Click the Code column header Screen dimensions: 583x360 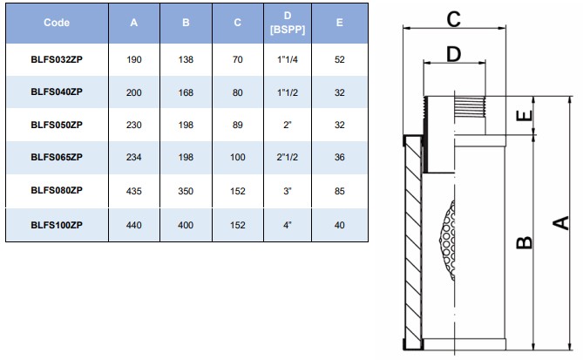coord(57,23)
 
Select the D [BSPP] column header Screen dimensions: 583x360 coord(288,23)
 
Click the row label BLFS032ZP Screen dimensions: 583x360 coord(57,59)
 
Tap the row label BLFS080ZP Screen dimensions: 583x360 coord(57,190)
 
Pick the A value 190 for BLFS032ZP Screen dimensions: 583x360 coord(134,59)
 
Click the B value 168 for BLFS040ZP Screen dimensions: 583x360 coord(186,92)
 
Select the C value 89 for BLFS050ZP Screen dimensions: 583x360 coord(238,125)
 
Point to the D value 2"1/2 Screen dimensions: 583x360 coord(288,157)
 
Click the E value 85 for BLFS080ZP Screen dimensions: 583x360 coord(340,191)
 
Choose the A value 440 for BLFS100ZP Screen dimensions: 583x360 coord(134,225)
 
